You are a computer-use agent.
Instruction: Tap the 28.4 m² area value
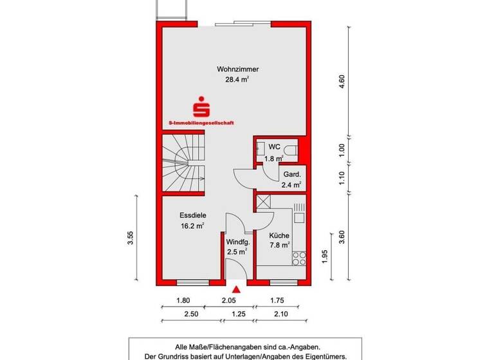[236, 80]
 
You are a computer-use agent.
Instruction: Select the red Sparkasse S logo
[204, 105]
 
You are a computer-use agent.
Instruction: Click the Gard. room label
[291, 174]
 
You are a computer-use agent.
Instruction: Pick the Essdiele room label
[192, 215]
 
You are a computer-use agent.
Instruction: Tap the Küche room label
[279, 235]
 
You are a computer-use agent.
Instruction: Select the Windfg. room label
[237, 242]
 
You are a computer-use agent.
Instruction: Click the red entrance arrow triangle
[237, 291]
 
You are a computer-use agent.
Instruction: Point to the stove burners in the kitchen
[299, 258]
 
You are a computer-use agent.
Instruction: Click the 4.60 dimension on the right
[342, 82]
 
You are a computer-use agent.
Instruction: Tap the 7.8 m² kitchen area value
[279, 245]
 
